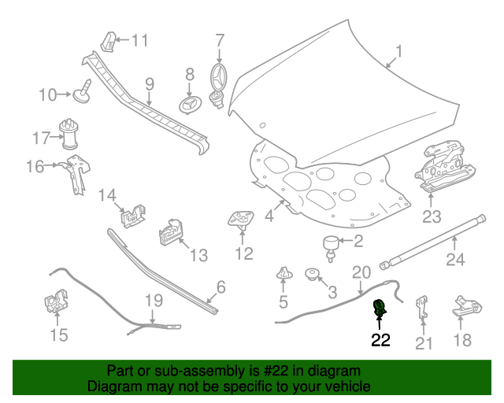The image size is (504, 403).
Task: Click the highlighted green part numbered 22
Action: [380, 308]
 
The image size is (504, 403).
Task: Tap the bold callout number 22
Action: [380, 340]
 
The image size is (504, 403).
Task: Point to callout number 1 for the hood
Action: [398, 51]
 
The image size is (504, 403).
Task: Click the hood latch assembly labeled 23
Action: [444, 166]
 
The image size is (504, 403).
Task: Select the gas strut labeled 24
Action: [432, 242]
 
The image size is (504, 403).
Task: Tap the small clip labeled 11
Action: [109, 42]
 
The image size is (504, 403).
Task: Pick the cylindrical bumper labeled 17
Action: [69, 135]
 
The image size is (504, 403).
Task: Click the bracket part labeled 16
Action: [78, 174]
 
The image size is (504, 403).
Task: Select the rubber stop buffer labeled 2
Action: [331, 249]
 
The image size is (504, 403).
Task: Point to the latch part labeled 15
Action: [56, 301]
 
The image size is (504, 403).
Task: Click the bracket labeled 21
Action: [423, 307]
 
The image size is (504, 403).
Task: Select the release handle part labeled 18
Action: [467, 306]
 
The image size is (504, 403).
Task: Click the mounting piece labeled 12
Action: [241, 219]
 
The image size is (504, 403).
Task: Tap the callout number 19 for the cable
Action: [154, 301]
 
